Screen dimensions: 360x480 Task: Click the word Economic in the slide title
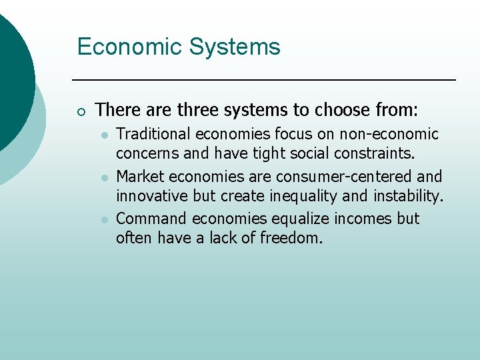127,47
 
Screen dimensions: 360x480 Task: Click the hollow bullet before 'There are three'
81,110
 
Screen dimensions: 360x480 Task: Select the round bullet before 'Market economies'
105,177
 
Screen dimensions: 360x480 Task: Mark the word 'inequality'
298,197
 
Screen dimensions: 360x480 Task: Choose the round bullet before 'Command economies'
105,219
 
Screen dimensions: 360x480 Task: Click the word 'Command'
151,219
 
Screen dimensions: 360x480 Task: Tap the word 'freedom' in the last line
293,238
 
